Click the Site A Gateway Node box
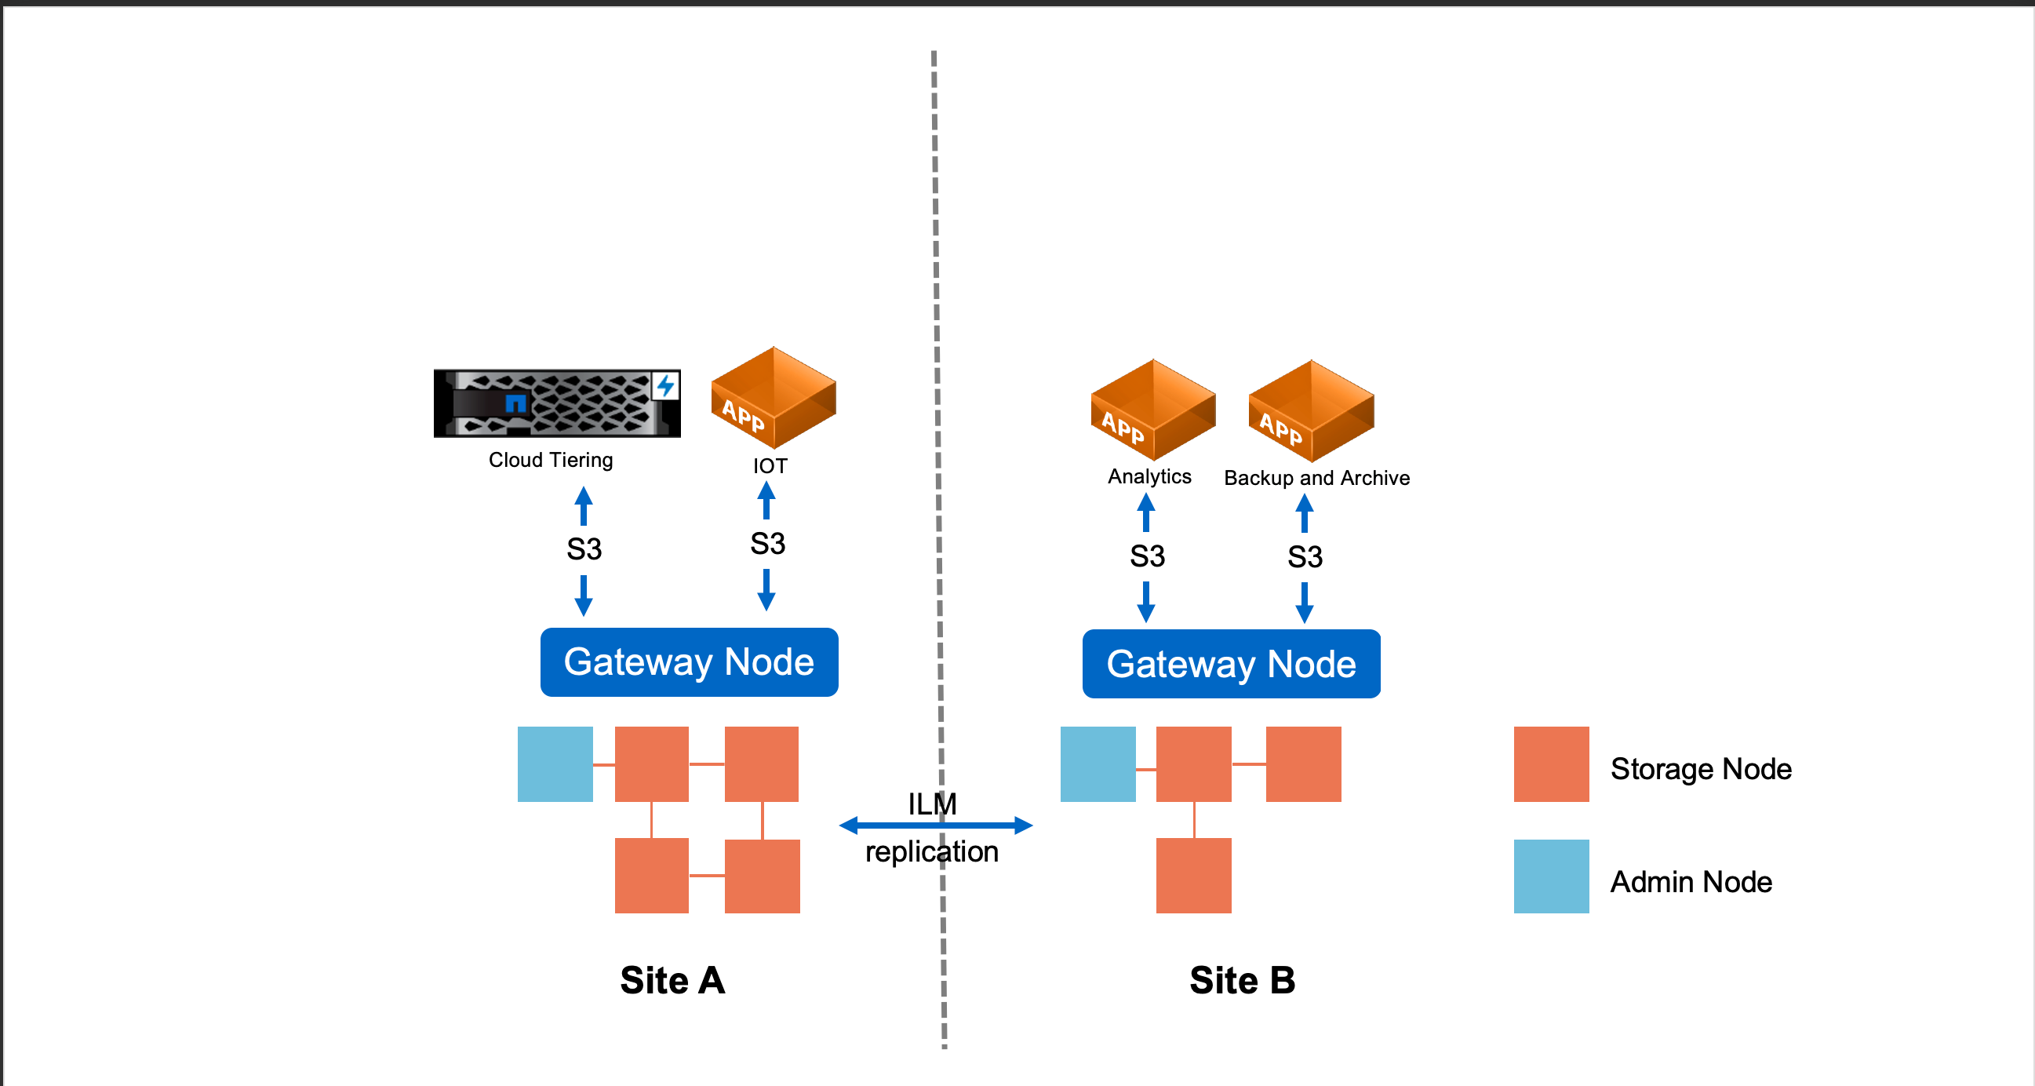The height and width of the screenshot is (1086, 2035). click(689, 661)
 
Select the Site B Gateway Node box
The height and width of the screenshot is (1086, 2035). click(1231, 664)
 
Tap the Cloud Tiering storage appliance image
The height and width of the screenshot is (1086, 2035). click(556, 403)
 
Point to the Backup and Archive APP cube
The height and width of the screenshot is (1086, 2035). click(1312, 412)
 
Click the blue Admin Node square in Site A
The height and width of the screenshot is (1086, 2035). click(555, 764)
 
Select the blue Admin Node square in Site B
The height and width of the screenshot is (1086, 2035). click(1098, 764)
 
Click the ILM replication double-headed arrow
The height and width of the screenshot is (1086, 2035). click(935, 826)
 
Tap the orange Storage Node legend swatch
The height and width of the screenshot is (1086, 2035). click(1551, 764)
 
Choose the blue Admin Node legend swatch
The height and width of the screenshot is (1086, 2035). click(1551, 876)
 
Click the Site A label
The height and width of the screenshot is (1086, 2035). click(672, 981)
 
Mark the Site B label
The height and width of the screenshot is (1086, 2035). click(1242, 981)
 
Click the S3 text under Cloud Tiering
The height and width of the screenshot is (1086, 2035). click(584, 549)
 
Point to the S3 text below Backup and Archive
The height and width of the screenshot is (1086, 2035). click(1305, 557)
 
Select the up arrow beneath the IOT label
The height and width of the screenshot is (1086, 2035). click(766, 501)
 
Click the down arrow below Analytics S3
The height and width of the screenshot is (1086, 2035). click(1145, 603)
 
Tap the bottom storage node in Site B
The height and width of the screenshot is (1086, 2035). click(1193, 876)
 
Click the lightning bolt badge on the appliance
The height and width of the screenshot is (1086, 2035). click(665, 386)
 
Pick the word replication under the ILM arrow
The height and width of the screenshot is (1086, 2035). click(931, 852)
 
